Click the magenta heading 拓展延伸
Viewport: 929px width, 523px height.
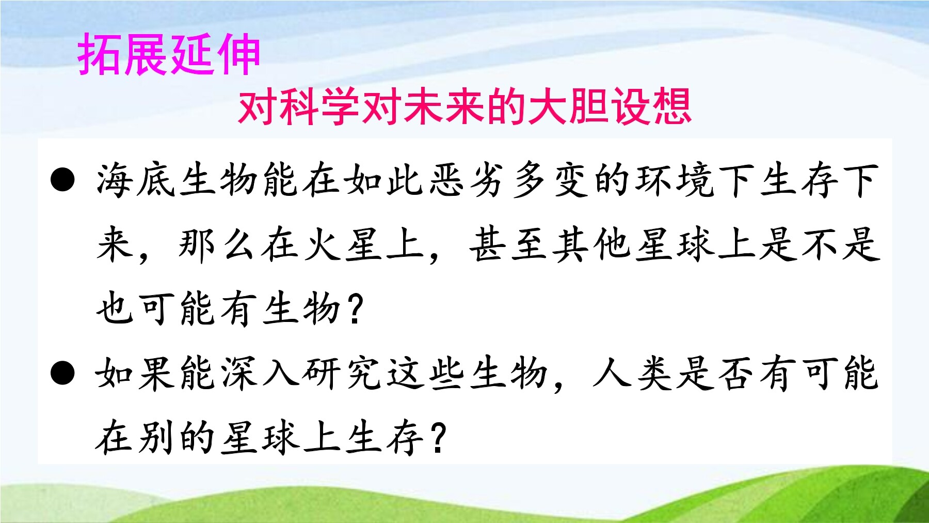point(169,54)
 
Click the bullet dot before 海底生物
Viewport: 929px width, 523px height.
point(62,180)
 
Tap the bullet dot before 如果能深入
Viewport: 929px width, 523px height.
point(62,373)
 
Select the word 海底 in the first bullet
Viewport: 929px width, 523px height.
point(136,180)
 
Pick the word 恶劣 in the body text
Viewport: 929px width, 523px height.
point(468,180)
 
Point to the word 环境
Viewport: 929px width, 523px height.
point(674,180)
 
